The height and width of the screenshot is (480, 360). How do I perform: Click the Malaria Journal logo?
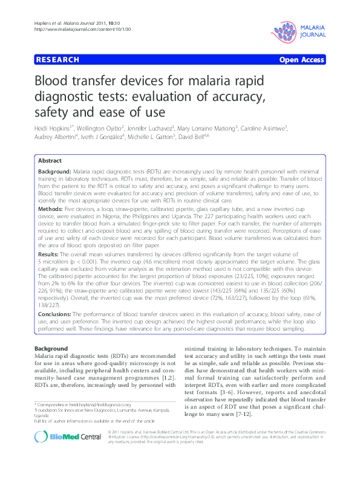tap(301, 28)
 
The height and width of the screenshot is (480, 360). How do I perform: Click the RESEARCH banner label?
tap(57, 60)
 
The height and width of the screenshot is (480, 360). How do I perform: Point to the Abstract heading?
tap(50, 161)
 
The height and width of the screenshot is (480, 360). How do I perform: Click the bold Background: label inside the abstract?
tap(56, 173)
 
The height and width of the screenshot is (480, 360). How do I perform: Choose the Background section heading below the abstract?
tap(51, 349)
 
